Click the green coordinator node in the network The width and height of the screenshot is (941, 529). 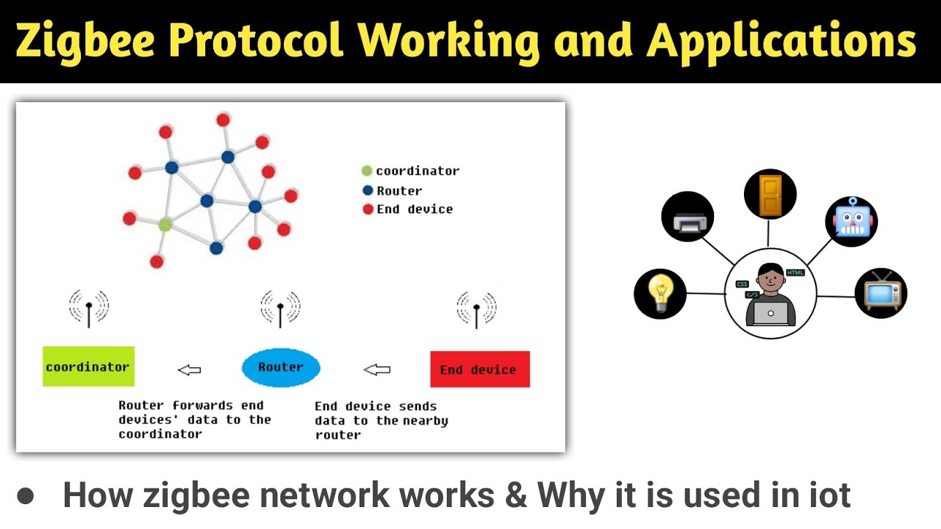pyautogui.click(x=165, y=225)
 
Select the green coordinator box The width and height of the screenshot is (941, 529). pyautogui.click(x=88, y=367)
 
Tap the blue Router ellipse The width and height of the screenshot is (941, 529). pyautogui.click(x=281, y=367)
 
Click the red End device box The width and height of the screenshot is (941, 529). pyautogui.click(x=479, y=370)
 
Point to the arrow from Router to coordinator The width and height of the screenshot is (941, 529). pyautogui.click(x=189, y=370)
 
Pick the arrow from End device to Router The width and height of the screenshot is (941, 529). pyautogui.click(x=377, y=370)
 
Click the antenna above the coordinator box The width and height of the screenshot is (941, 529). pyautogui.click(x=89, y=308)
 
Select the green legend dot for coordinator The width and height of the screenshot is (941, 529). pyautogui.click(x=367, y=171)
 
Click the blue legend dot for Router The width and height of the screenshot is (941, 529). pyautogui.click(x=368, y=190)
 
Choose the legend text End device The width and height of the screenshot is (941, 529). pyautogui.click(x=415, y=209)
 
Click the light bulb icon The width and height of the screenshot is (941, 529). pyautogui.click(x=659, y=293)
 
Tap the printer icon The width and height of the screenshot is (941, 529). pyautogui.click(x=688, y=217)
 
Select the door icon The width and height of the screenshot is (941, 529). pyautogui.click(x=770, y=195)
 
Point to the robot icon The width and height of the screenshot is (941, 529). pyautogui.click(x=851, y=219)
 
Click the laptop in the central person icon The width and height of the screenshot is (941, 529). pyautogui.click(x=770, y=314)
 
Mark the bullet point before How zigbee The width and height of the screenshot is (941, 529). pyautogui.click(x=26, y=495)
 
